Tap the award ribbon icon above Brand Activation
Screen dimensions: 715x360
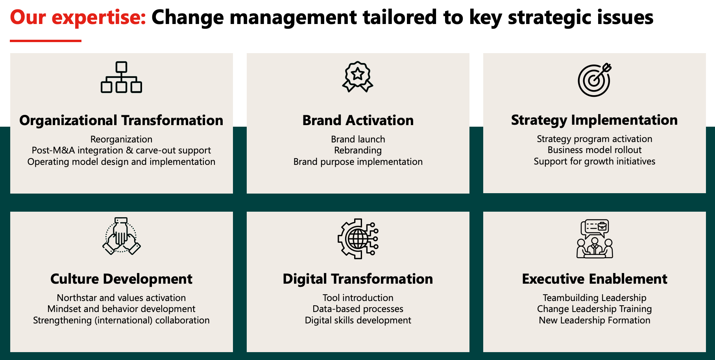(357, 77)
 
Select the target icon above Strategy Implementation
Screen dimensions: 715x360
(595, 79)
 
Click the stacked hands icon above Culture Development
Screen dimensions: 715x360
(121, 236)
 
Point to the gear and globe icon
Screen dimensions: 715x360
(358, 238)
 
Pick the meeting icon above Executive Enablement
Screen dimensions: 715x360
(595, 238)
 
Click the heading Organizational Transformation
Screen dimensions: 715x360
(121, 120)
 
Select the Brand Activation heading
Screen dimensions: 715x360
(358, 120)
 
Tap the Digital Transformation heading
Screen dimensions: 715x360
(358, 279)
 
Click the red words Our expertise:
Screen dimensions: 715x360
(78, 17)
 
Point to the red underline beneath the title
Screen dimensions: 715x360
(46, 41)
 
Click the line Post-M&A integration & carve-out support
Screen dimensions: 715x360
(121, 150)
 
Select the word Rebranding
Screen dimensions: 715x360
(358, 151)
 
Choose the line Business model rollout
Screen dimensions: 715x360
(595, 150)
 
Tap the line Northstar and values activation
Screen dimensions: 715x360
(121, 298)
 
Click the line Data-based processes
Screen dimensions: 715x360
(358, 309)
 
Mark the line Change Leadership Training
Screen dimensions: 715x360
(595, 309)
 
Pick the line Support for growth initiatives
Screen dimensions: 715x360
(595, 161)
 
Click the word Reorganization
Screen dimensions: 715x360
(121, 139)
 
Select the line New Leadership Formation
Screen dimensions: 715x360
(595, 320)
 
